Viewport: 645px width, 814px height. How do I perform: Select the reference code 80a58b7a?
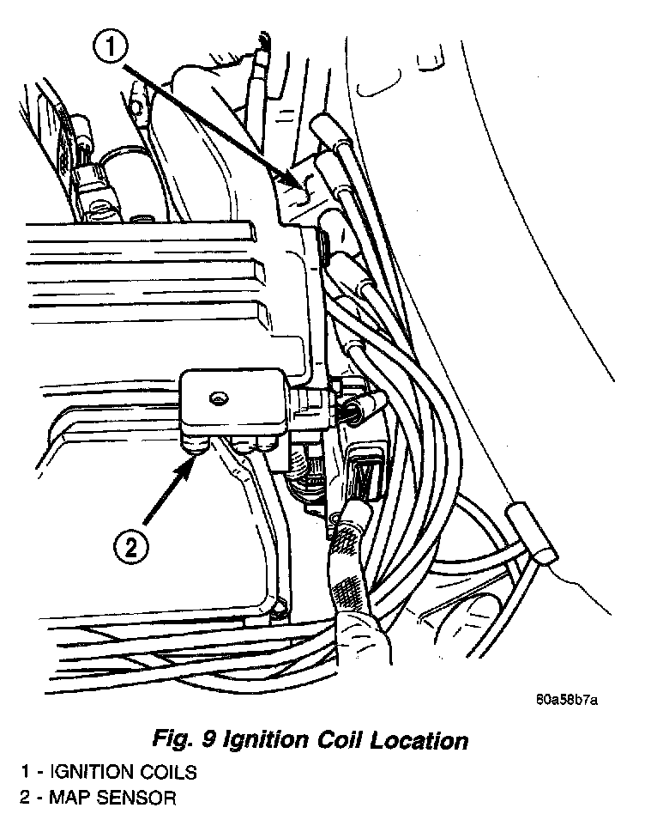pyautogui.click(x=567, y=698)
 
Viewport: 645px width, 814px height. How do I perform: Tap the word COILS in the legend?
pyautogui.click(x=166, y=771)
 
